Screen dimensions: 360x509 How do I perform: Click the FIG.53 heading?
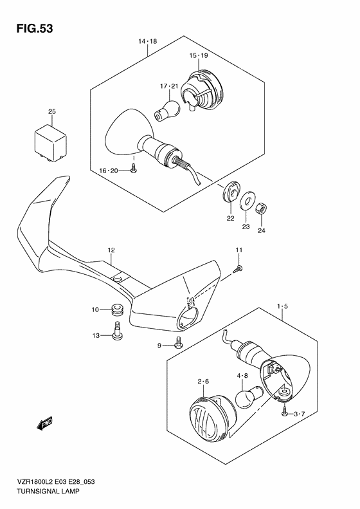point(34,28)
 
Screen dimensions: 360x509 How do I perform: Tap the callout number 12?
point(111,250)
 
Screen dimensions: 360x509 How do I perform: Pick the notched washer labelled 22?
point(231,192)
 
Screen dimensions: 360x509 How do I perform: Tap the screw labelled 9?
point(178,343)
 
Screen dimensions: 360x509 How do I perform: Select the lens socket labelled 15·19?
point(203,91)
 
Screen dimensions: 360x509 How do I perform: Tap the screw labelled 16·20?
point(134,170)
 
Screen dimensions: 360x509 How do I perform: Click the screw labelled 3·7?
point(284,413)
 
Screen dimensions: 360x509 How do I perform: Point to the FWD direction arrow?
point(45,423)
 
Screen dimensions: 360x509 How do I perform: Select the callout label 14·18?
point(147,41)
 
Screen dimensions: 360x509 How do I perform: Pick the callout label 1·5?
point(282,306)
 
